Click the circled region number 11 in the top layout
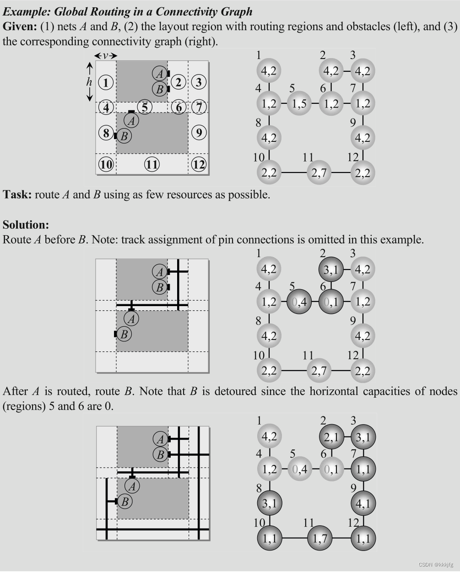click(x=152, y=164)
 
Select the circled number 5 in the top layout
click(x=145, y=108)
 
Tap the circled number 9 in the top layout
click(x=199, y=133)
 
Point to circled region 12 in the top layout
click(x=199, y=164)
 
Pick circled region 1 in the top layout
click(x=106, y=83)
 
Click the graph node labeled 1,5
click(x=299, y=103)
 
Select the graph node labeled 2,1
click(x=331, y=437)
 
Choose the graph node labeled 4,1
click(x=363, y=503)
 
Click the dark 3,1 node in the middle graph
click(x=331, y=270)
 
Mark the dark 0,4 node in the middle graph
click(x=299, y=302)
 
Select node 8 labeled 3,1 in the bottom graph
click(x=270, y=503)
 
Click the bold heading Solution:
click(x=26, y=225)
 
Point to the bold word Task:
click(x=17, y=194)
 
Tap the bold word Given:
click(x=20, y=27)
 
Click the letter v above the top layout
click(x=106, y=56)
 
